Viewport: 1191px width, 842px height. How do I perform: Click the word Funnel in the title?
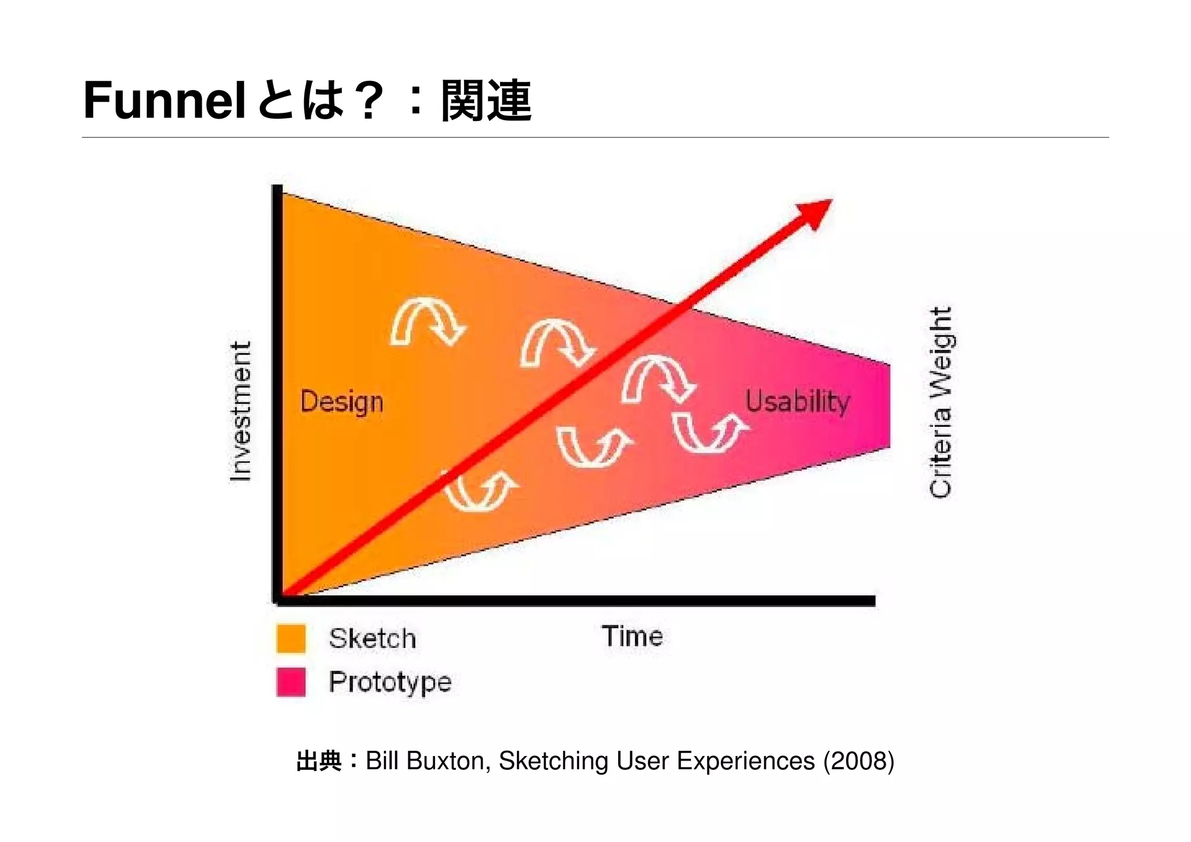(163, 101)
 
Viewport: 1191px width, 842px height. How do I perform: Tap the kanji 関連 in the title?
(486, 101)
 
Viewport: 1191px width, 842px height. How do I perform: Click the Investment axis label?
(241, 411)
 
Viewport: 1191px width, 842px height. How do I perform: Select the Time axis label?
(632, 636)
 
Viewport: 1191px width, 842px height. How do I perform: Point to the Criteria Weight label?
(940, 402)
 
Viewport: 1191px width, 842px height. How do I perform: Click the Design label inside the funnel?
(341, 402)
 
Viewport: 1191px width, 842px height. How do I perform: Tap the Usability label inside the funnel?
(797, 401)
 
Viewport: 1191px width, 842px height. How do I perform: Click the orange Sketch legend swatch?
(291, 638)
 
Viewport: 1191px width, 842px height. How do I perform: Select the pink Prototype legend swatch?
(291, 682)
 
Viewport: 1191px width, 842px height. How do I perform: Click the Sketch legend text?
(372, 638)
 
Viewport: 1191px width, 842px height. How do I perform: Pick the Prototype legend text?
(390, 682)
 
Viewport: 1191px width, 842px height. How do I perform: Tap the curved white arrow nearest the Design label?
(427, 321)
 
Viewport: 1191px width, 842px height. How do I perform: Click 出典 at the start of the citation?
(319, 761)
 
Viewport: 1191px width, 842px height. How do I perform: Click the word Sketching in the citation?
(554, 761)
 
